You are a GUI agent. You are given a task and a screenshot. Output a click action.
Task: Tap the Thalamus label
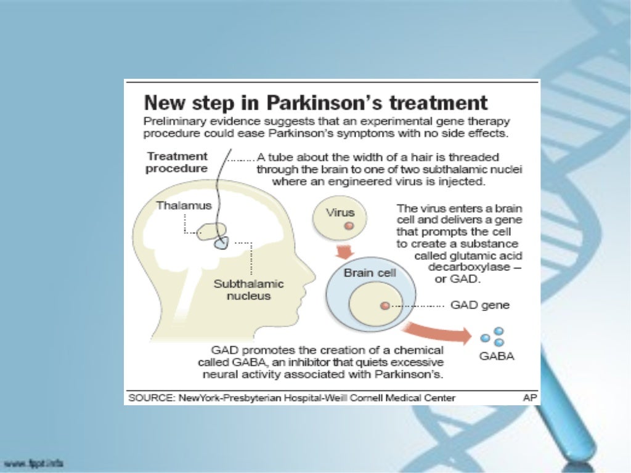click(184, 206)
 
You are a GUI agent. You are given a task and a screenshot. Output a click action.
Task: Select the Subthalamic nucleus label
click(248, 290)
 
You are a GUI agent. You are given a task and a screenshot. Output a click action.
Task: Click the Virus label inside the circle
click(340, 212)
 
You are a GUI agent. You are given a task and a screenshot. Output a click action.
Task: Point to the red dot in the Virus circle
click(349, 226)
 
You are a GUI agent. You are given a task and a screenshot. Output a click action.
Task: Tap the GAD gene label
click(480, 305)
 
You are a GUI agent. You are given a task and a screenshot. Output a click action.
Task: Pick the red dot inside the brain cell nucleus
click(384, 305)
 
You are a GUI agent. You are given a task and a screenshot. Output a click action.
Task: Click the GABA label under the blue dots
click(497, 357)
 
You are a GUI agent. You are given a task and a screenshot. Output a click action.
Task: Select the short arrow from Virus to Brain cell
click(343, 251)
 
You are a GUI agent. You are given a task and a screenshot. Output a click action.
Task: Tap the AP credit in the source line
click(529, 398)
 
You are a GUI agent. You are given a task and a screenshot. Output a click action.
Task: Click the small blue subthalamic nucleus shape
click(221, 243)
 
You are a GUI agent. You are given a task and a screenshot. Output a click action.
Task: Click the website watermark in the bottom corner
click(33, 463)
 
